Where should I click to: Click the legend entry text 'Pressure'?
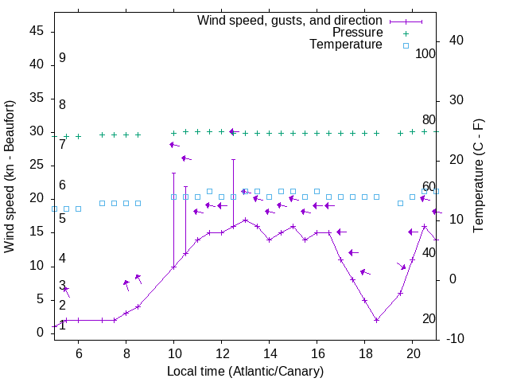click(358, 33)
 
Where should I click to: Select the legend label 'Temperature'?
click(346, 45)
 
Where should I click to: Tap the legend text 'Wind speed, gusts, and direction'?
click(290, 20)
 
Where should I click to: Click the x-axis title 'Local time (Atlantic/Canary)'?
click(245, 372)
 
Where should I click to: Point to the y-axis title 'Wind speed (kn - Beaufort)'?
click(10, 177)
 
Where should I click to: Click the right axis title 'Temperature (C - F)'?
click(478, 177)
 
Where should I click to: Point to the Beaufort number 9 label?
click(62, 58)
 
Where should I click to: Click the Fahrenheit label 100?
click(425, 53)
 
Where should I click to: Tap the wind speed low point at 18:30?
click(377, 320)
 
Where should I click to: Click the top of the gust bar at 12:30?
click(234, 159)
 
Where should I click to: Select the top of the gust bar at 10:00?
click(173, 173)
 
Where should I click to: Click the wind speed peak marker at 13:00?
click(246, 220)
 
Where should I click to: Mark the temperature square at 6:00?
click(78, 209)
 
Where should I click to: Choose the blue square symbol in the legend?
click(405, 45)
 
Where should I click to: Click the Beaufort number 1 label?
click(62, 325)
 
